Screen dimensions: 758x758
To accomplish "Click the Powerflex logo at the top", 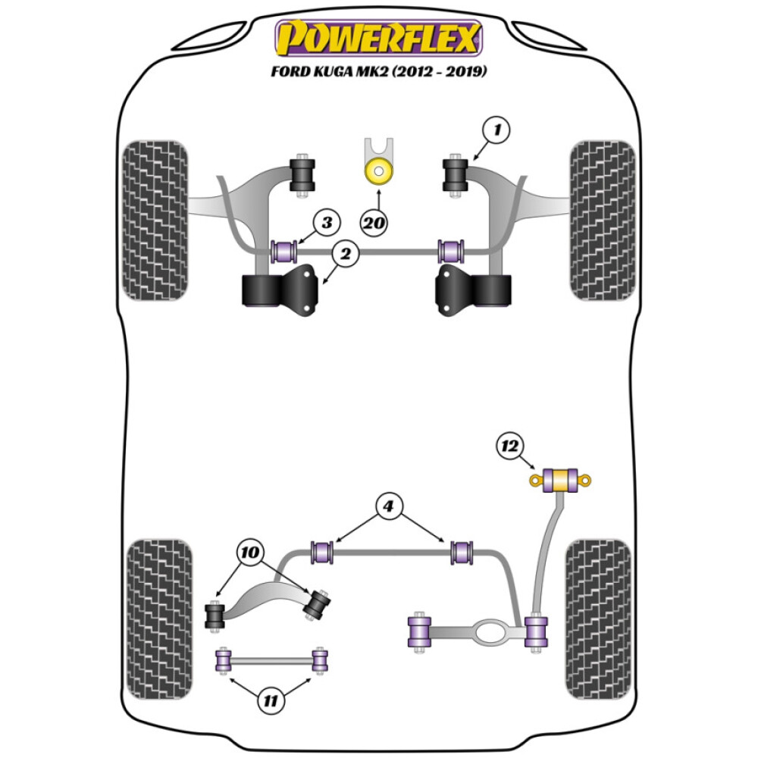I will coord(378,37).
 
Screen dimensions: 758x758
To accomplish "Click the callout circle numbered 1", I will coord(496,131).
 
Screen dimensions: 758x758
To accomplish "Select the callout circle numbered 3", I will coord(326,223).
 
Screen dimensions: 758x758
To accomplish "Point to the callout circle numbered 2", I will coord(346,255).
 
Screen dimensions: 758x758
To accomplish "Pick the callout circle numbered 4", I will coord(389,506).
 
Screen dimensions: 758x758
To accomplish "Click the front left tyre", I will coord(155,220).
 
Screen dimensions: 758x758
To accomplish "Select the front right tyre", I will coord(603,220).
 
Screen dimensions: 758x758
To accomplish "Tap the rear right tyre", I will coord(598,619).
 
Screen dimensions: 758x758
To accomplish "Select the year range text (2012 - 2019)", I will coord(440,73).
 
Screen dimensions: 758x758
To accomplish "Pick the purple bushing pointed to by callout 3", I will coord(286,249).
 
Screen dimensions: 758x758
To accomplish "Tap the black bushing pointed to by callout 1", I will coord(457,174).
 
